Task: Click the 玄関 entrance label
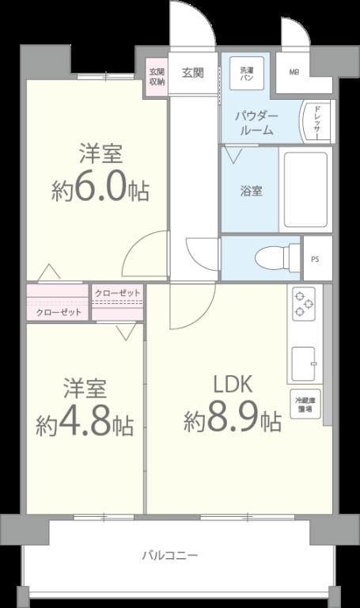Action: tap(193, 73)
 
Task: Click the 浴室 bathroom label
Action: tap(252, 191)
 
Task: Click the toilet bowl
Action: tap(274, 256)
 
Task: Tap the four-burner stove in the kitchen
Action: tap(305, 304)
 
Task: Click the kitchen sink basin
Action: tap(305, 365)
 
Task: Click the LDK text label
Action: tap(232, 385)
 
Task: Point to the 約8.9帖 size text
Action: tap(233, 420)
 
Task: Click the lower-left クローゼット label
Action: tap(59, 312)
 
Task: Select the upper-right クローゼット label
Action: tap(117, 294)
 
